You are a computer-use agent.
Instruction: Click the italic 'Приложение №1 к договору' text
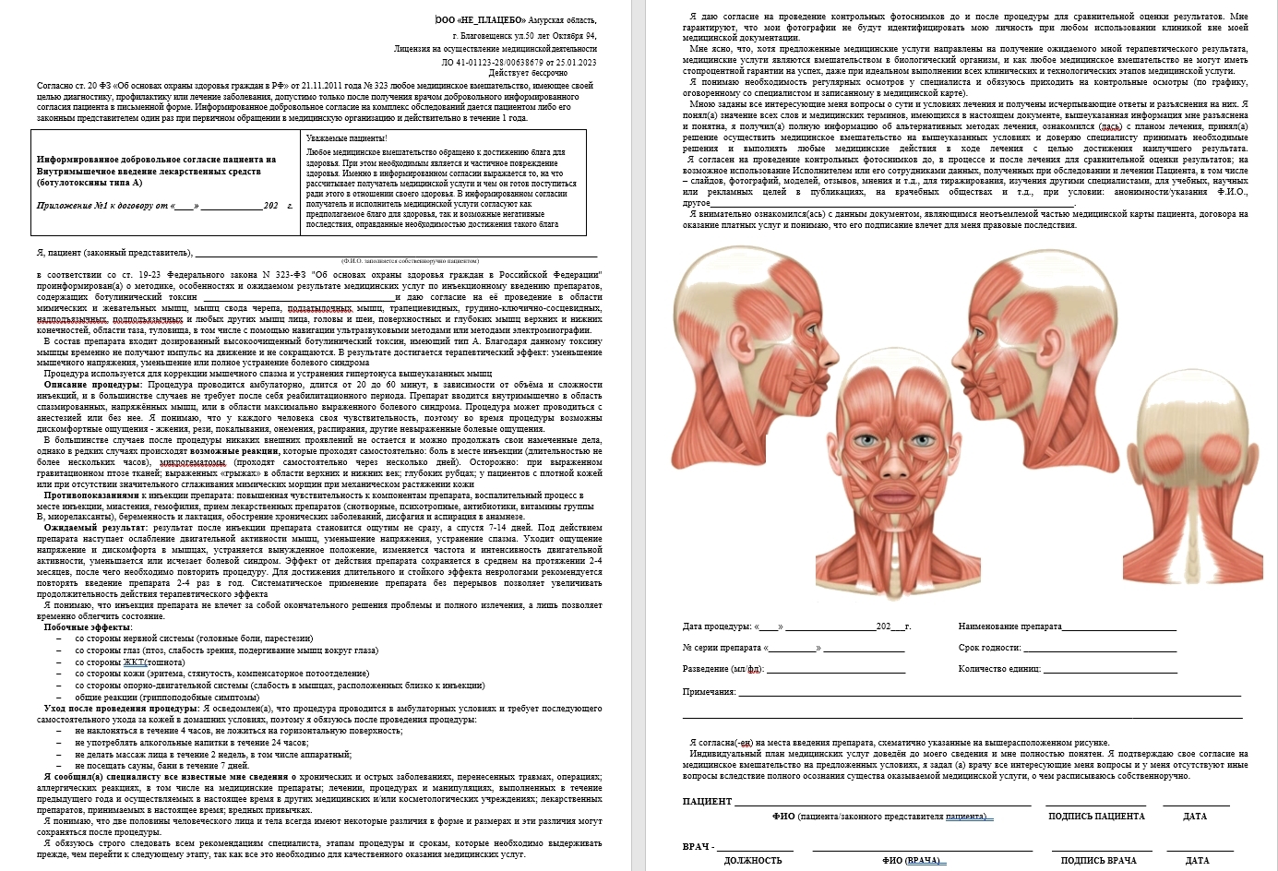pyautogui.click(x=102, y=206)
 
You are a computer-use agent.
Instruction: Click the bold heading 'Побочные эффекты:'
pyautogui.click(x=88, y=627)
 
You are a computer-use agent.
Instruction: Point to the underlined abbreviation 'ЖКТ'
pyautogui.click(x=135, y=662)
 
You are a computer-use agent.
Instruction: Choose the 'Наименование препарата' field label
pyautogui.click(x=1009, y=626)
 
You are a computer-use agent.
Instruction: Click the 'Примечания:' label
pyautogui.click(x=709, y=692)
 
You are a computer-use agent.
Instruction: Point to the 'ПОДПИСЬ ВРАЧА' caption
pyautogui.click(x=1098, y=861)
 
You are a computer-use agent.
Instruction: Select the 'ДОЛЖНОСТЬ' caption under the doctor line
pyautogui.click(x=753, y=861)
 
